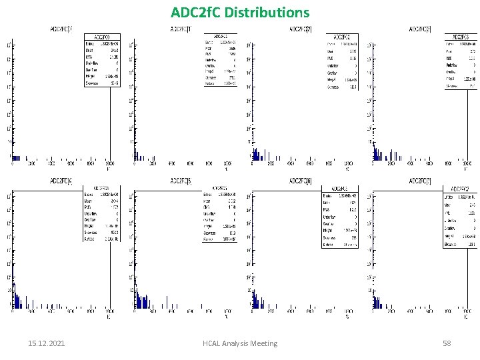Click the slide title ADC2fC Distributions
[240, 13]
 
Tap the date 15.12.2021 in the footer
[47, 343]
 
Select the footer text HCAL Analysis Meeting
[239, 343]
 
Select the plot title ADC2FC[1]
[181, 29]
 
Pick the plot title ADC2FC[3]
[419, 29]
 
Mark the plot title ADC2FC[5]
[181, 180]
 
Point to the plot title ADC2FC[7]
[419, 181]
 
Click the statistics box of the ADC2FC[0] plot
[102, 61]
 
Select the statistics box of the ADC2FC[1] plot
[220, 61]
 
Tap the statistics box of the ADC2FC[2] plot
[341, 61]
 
